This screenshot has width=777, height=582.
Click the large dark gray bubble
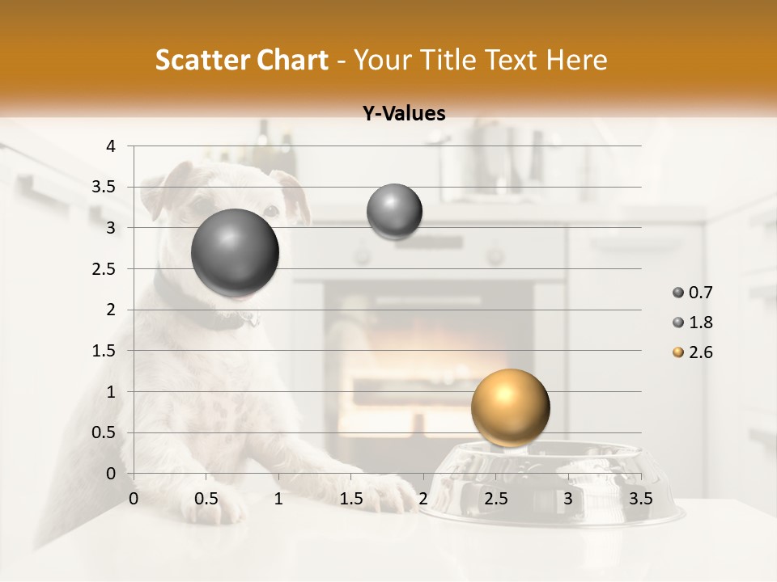tap(236, 253)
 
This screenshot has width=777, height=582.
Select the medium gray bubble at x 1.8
tap(394, 212)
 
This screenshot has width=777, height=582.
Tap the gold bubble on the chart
tap(510, 407)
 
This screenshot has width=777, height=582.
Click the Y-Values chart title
tap(403, 114)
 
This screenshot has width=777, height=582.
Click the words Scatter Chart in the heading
tap(241, 60)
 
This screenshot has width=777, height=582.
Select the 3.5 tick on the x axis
tap(640, 499)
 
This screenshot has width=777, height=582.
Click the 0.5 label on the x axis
tap(206, 499)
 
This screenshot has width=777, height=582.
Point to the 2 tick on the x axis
tap(422, 499)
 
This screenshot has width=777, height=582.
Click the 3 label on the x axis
tap(568, 499)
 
